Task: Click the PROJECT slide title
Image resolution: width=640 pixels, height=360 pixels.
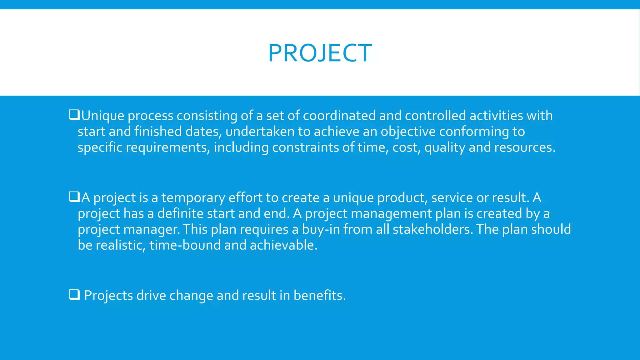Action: click(320, 53)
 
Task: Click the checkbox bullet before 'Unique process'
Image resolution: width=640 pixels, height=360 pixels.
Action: click(74, 115)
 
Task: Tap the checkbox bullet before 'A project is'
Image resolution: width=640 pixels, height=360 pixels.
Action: click(74, 197)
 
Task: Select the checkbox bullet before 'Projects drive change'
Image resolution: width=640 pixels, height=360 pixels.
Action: click(74, 295)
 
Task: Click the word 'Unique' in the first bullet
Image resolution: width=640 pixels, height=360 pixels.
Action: click(103, 116)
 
